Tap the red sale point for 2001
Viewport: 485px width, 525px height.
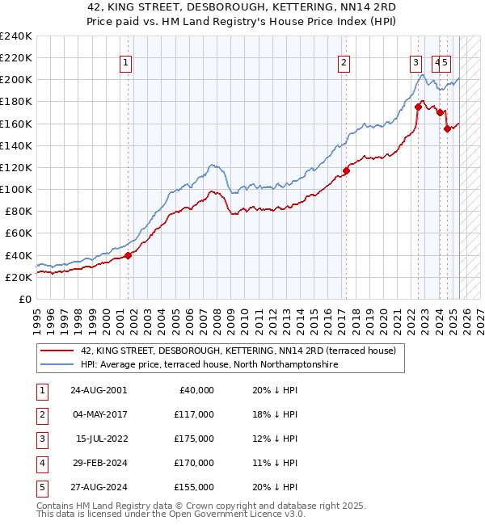click(128, 255)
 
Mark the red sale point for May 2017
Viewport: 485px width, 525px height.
click(346, 170)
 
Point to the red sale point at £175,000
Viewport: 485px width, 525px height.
click(418, 106)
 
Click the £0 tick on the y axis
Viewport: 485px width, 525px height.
click(25, 299)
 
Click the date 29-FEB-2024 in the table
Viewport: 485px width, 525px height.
click(98, 463)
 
